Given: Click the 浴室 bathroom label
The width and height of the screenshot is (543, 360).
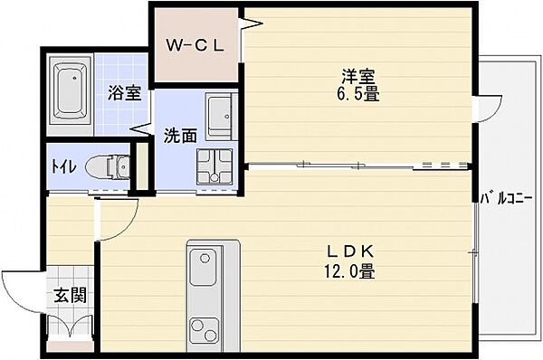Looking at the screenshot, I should (x=123, y=91).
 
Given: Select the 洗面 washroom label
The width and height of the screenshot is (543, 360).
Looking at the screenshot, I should (x=179, y=137).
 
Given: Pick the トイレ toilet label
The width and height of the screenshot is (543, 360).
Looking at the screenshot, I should (x=62, y=167).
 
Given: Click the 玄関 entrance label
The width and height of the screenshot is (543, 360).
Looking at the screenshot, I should (x=67, y=295).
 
